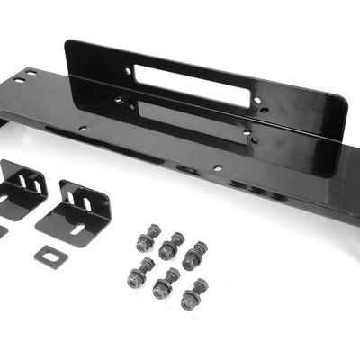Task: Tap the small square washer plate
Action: point(52,255)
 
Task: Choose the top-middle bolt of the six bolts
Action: point(170,246)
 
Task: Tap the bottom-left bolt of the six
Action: point(139,274)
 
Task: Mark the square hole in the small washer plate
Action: point(51,254)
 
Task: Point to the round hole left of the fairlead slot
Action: point(127,70)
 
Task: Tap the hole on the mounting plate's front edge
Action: point(217,167)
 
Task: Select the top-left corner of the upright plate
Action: point(67,42)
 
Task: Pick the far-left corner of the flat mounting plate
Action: point(6,84)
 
